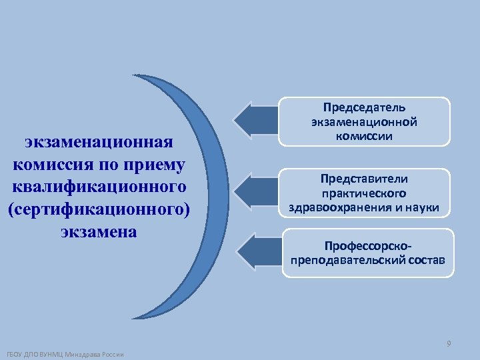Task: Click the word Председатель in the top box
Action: point(364,107)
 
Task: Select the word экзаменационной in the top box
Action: point(364,121)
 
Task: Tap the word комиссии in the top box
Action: point(364,135)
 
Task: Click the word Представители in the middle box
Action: point(364,179)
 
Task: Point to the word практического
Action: point(364,193)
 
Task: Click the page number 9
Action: point(449,343)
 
